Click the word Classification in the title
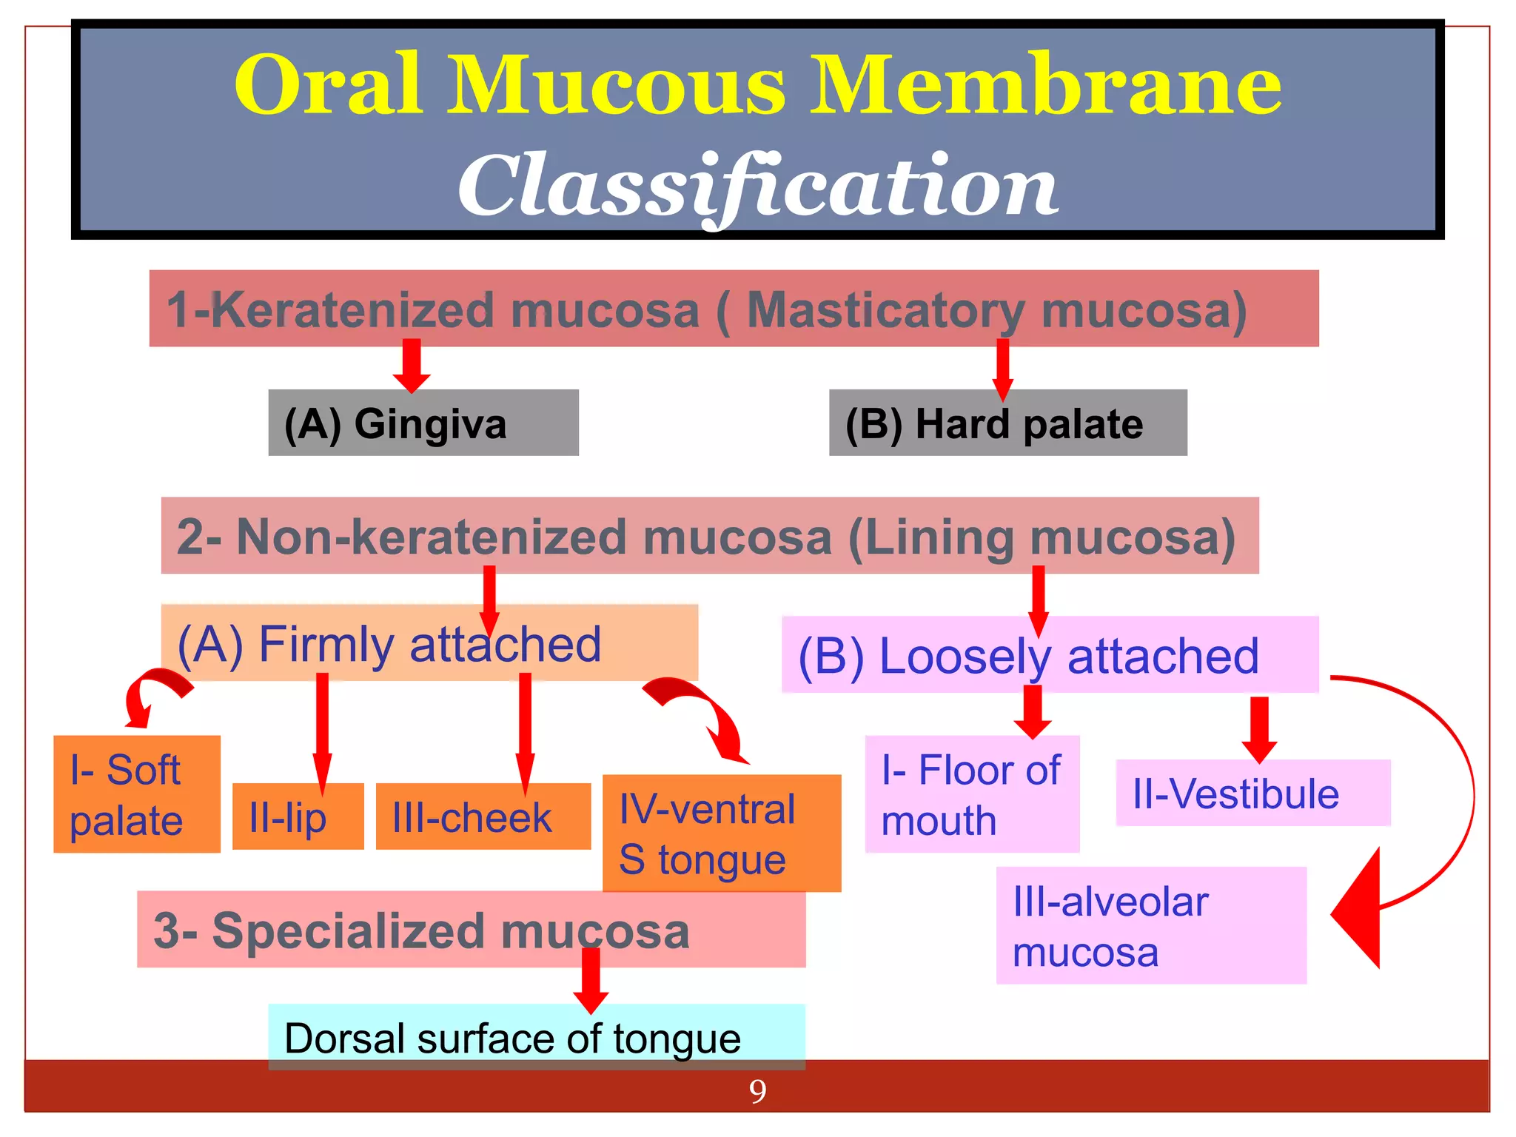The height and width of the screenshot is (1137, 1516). [x=758, y=185]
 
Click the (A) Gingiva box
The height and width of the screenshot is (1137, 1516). [x=423, y=423]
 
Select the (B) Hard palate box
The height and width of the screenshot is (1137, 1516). [x=1007, y=423]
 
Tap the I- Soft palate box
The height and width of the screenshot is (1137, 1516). [x=137, y=794]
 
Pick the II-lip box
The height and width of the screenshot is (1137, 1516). [x=298, y=816]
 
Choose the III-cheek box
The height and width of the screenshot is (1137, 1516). [x=483, y=816]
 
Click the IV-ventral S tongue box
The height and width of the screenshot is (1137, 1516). [x=722, y=833]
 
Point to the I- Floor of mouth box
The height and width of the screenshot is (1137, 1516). [x=972, y=794]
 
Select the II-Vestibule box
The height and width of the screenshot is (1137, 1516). [x=1252, y=793]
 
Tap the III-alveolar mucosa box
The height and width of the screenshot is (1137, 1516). [x=1151, y=925]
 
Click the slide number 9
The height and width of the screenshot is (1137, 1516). [x=757, y=1091]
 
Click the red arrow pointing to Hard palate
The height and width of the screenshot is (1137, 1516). [x=1003, y=369]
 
